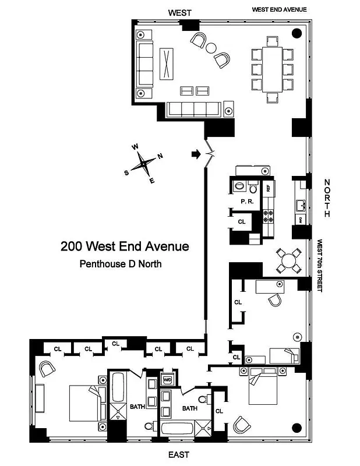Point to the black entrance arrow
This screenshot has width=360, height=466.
click(195, 154)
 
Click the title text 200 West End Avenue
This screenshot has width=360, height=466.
click(125, 246)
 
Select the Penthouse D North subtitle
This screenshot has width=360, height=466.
click(120, 264)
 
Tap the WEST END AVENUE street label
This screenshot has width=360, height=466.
click(279, 10)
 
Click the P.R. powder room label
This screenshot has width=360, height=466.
click(246, 202)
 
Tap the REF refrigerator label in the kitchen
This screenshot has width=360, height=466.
click(269, 188)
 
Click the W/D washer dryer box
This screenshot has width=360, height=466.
click(168, 380)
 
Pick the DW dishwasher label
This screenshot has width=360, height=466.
click(300, 219)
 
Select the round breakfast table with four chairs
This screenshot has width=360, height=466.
click(288, 260)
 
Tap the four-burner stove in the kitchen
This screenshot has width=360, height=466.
click(269, 217)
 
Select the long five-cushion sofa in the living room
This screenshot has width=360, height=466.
click(193, 109)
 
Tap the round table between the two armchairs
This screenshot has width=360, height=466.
click(211, 48)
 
